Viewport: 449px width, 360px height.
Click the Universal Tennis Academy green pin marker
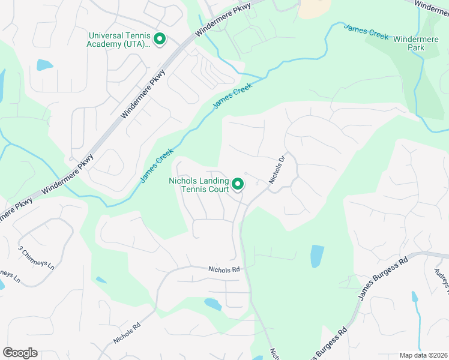tap(160, 40)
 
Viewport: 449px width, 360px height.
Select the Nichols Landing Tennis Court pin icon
tap(238, 184)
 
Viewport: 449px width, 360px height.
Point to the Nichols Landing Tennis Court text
tap(199, 185)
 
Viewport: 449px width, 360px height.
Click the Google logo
tap(20, 353)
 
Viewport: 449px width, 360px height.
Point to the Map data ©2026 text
tap(423, 355)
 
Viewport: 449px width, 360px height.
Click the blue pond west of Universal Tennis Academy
tap(44, 65)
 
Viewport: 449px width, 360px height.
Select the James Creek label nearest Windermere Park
tap(366, 32)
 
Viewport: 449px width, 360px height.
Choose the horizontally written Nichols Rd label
tap(224, 270)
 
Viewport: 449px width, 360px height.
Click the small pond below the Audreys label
tap(415, 297)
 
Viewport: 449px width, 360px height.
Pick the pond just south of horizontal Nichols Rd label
tap(212, 304)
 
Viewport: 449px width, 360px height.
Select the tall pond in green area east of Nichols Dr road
tap(316, 256)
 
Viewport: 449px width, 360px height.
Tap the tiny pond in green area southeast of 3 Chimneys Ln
tap(101, 280)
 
